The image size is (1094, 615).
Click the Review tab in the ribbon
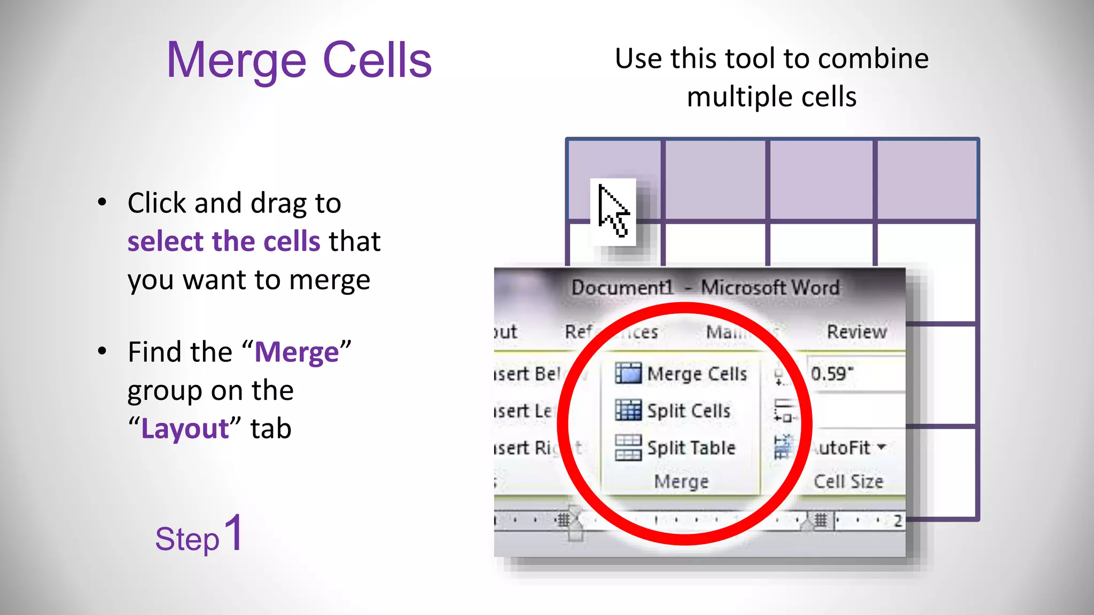coord(856,332)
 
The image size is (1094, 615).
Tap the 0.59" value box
coord(855,374)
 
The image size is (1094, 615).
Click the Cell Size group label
coord(848,482)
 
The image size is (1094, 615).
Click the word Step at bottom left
coord(187,539)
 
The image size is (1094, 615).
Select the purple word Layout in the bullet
coord(185,429)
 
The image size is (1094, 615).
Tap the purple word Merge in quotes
coord(296,352)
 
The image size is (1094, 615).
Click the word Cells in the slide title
coord(377,60)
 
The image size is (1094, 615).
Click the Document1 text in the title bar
coord(622,288)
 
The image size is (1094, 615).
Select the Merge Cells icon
coord(628,373)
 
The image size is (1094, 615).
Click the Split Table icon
coord(628,447)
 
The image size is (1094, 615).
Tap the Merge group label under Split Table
coord(681,482)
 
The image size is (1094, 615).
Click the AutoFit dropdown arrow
coord(881,446)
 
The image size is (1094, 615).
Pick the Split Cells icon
coord(628,410)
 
